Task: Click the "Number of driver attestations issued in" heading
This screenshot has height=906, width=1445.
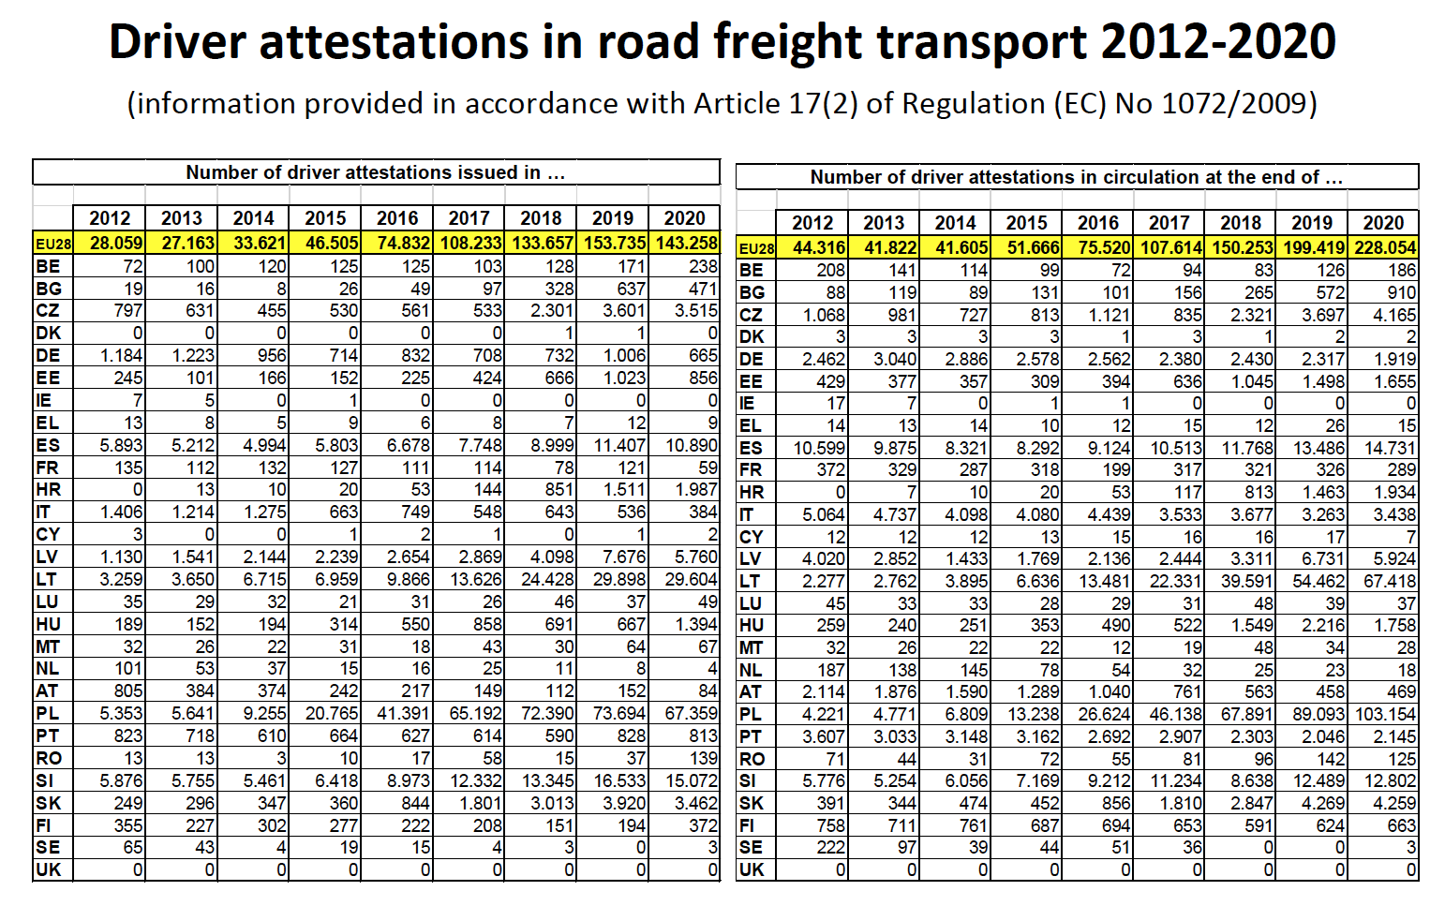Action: pos(375,172)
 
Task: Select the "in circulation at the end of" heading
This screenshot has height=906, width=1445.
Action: pos(1077,177)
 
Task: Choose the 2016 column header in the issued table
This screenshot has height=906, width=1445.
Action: pos(397,218)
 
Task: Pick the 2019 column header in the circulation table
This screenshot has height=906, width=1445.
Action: pos(1312,223)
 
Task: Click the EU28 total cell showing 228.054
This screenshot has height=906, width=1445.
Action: pos(1384,247)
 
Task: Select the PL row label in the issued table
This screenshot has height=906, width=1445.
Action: pos(47,714)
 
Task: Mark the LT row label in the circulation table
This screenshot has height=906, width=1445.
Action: pos(750,581)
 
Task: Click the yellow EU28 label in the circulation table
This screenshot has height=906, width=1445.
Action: pos(756,248)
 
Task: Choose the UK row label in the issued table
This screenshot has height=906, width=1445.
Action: pos(48,869)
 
